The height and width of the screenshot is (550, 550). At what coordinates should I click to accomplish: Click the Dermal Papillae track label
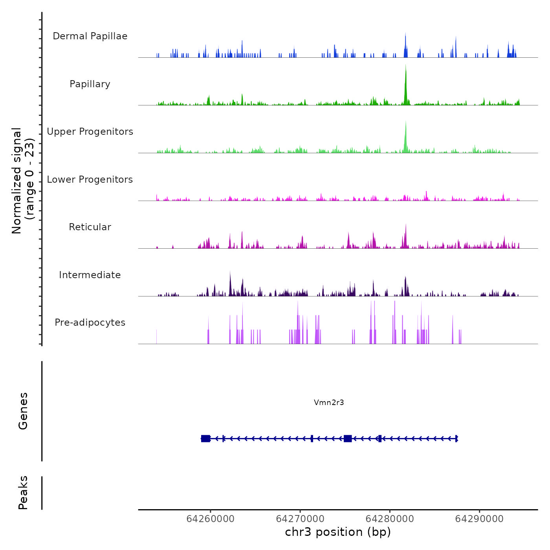[90, 36]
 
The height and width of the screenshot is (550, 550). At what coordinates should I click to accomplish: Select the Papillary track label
[90, 84]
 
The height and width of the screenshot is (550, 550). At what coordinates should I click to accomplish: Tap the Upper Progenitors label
[90, 132]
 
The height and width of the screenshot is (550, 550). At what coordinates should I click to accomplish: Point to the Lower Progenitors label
[90, 180]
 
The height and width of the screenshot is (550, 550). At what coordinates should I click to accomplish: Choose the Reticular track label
[90, 227]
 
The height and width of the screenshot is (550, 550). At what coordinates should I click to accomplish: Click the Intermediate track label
[90, 275]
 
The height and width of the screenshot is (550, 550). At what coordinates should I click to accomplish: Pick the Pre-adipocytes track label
[90, 323]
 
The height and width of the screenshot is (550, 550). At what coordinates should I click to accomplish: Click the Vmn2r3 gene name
[329, 402]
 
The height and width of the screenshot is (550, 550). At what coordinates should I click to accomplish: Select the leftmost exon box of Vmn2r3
[205, 438]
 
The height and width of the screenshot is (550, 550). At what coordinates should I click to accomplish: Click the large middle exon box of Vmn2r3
[348, 438]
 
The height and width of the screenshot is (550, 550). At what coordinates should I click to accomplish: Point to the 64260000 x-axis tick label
[210, 519]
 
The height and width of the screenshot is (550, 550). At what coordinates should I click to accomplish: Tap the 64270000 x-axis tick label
[300, 519]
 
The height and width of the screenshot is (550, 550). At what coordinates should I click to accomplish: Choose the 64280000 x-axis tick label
[390, 519]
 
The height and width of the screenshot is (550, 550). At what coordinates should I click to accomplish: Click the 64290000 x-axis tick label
[479, 519]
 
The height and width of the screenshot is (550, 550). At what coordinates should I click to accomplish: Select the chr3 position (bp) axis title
[338, 532]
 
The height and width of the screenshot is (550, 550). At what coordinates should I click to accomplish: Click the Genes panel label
[23, 411]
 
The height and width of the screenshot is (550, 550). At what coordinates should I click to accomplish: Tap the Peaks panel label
[23, 493]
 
